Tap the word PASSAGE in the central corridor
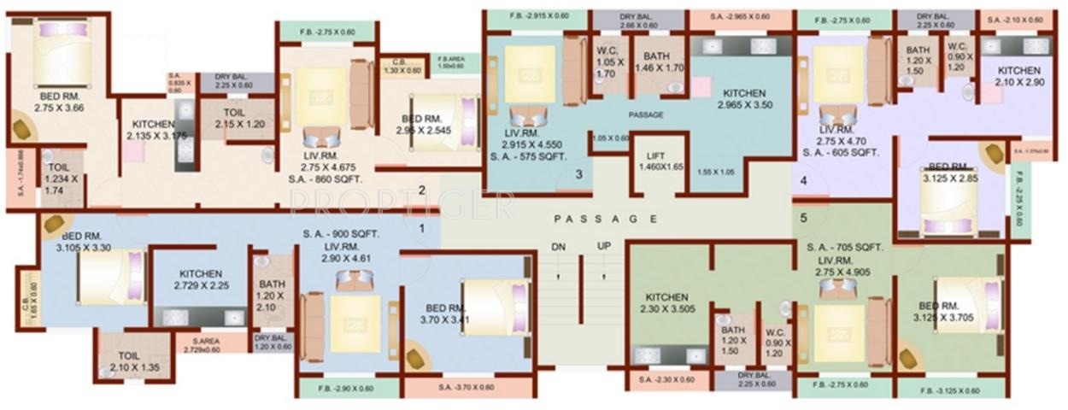click(x=605, y=219)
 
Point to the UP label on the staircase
click(x=604, y=246)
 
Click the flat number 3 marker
click(x=578, y=175)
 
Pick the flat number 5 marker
click(x=803, y=217)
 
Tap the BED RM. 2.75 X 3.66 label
click(x=61, y=103)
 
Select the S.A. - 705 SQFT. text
click(x=845, y=248)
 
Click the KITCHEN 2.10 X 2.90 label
click(x=1019, y=76)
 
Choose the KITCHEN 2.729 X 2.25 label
click(x=201, y=279)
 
